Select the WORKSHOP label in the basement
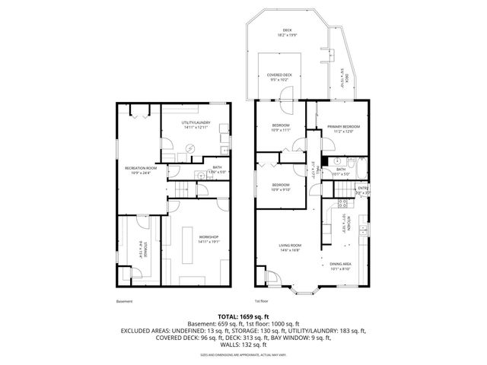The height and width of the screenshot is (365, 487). (208, 237)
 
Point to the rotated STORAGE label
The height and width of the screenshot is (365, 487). (142, 250)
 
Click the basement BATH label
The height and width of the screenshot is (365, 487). (217, 167)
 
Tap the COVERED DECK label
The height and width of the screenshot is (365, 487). (279, 75)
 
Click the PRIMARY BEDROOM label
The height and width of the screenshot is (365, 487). (342, 126)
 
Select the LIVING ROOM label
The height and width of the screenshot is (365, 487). (290, 246)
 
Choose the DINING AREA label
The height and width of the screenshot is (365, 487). (339, 264)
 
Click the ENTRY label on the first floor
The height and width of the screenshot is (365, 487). (363, 188)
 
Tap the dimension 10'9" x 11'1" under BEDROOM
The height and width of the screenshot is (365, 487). (282, 130)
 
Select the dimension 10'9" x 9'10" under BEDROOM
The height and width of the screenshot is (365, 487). (282, 189)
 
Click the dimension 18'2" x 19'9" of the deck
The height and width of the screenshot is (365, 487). (285, 34)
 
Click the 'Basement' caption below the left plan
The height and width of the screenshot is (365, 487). (124, 302)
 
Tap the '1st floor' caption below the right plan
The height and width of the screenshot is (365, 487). (260, 302)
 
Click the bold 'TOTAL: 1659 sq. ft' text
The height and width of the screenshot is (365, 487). (243, 315)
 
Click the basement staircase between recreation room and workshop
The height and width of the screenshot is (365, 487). (180, 190)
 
